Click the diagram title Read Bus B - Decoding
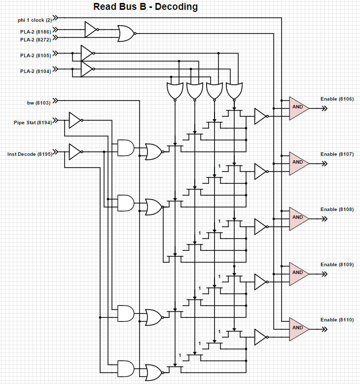(x=145, y=7)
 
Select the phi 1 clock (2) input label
(x=35, y=20)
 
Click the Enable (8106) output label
(x=337, y=99)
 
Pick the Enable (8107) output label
(x=337, y=154)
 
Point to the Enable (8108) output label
(x=337, y=209)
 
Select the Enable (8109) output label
(x=337, y=265)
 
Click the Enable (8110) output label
(x=337, y=320)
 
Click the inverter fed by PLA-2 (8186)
(x=91, y=30)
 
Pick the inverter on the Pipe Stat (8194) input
(x=74, y=120)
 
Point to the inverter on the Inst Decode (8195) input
(x=74, y=152)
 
